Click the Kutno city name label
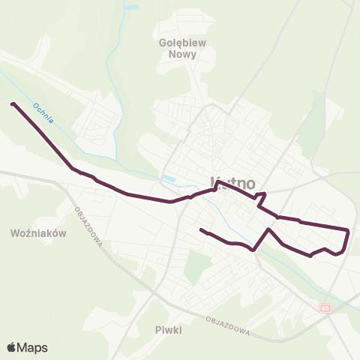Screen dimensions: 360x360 (x=233, y=182)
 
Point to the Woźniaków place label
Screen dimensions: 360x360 (x=40, y=233)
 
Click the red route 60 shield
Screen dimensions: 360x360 (x=324, y=307)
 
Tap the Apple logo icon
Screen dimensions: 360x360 (x=12, y=347)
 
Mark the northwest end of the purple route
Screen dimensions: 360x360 (x=13, y=103)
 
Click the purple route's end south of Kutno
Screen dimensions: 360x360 (x=201, y=229)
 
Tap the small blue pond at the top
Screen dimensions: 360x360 (x=132, y=6)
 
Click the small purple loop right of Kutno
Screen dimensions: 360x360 (x=261, y=197)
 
